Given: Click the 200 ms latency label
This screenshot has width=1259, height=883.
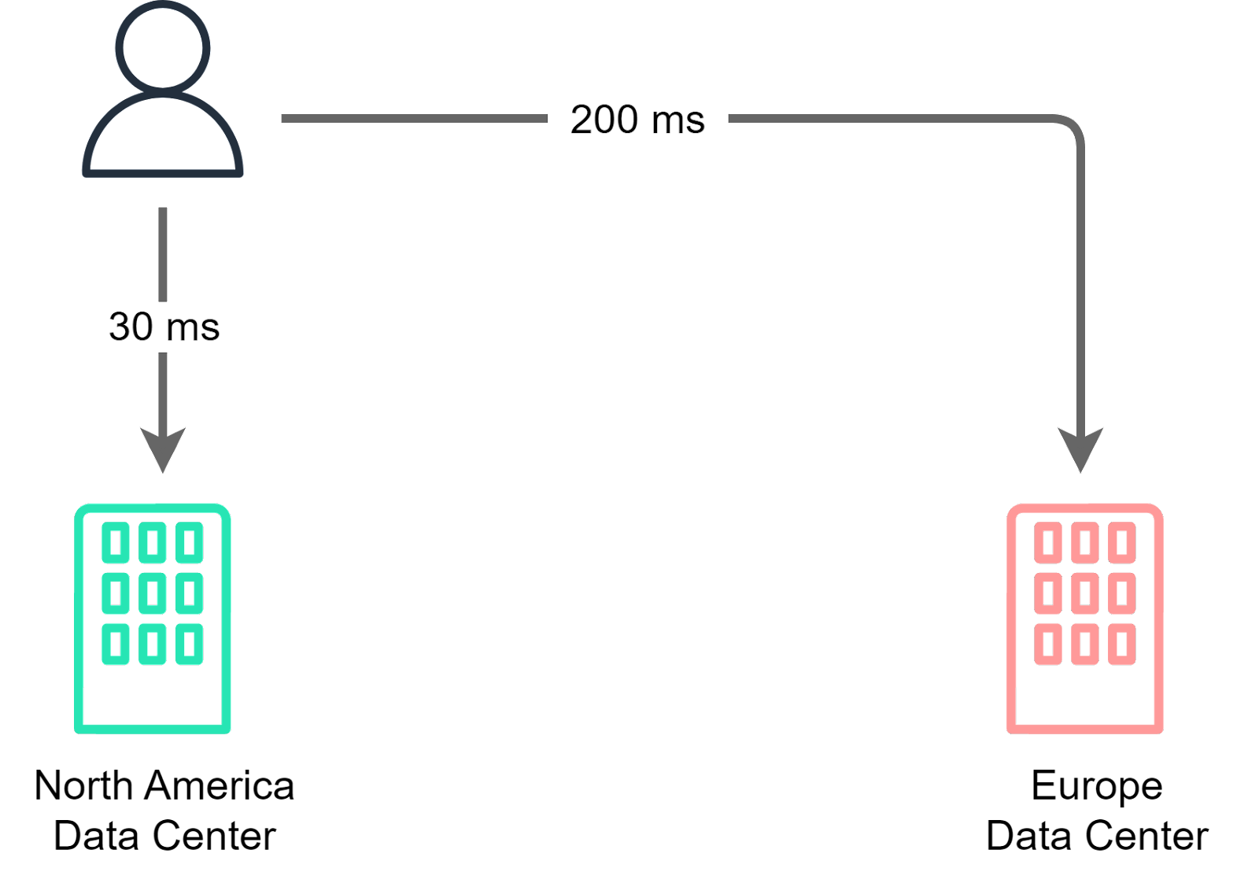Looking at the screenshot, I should (637, 120).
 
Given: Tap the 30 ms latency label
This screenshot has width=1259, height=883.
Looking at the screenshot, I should (164, 327).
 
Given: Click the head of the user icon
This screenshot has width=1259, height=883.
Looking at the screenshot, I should (163, 46).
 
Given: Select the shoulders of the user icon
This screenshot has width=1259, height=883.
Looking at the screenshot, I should (163, 138).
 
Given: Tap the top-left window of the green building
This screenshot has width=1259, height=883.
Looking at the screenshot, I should (116, 542).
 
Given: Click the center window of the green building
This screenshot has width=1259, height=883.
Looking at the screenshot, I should (153, 593).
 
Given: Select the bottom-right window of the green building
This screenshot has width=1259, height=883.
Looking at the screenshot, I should (189, 644).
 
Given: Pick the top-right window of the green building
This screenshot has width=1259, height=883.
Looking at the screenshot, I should (189, 542).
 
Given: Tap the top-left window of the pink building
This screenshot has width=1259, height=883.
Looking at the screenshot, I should (1048, 542).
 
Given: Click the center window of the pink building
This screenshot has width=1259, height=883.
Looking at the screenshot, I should (1085, 593).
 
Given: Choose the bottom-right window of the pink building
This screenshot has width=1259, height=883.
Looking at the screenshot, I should (1121, 644).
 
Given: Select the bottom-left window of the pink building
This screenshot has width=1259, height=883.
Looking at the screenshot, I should (1048, 644).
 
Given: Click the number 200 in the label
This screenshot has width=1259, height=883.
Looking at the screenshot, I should (604, 120).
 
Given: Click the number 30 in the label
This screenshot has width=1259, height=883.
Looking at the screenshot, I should (131, 327).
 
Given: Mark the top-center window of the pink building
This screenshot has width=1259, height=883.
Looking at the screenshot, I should (1085, 542).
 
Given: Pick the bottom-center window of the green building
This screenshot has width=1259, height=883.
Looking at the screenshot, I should (153, 644).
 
